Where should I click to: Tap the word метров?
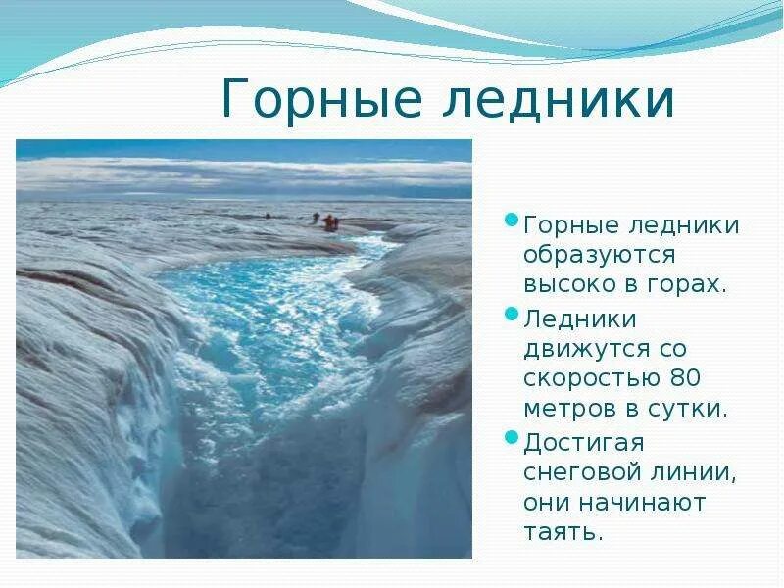pyautogui.click(x=569, y=409)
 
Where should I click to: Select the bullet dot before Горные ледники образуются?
pyautogui.click(x=511, y=220)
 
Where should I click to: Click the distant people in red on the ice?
pyautogui.click(x=329, y=222)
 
